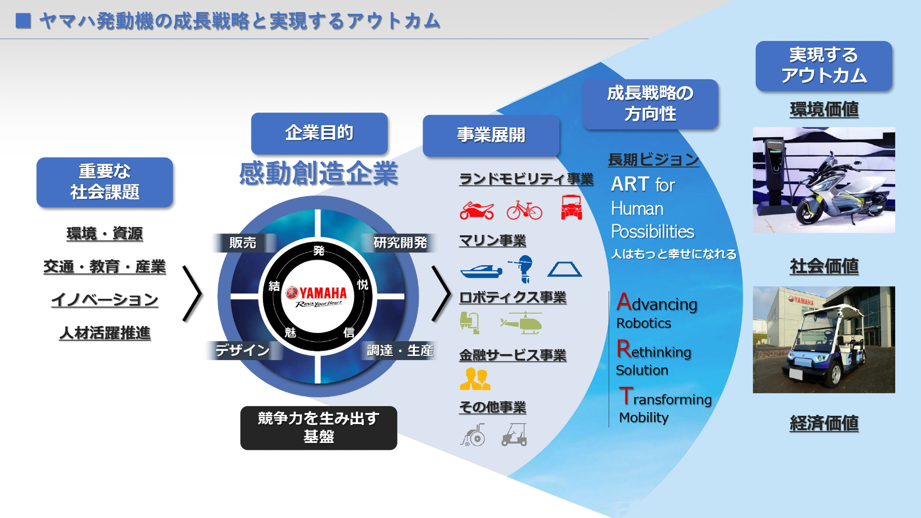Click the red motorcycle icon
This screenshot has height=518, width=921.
point(476,211)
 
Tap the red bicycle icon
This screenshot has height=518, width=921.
point(524,210)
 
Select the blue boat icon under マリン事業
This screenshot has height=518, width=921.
point(481,271)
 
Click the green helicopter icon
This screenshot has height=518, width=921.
point(521,323)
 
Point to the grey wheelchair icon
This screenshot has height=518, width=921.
point(473,435)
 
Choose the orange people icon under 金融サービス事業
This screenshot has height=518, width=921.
point(475,379)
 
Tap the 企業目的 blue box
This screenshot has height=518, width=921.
point(319,133)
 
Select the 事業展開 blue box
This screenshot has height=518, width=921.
point(491,135)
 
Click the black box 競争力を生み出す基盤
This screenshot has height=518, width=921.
point(319,428)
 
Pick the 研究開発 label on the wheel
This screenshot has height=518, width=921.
point(400,243)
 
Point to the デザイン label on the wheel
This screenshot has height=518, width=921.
point(242,350)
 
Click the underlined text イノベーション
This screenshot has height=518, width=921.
point(105,300)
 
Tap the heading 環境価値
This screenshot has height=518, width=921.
point(824,109)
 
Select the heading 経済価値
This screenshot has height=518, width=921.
point(824,423)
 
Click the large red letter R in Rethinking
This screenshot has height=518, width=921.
point(624,349)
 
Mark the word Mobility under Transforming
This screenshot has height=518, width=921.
point(643,418)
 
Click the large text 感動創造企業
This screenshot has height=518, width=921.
point(319,174)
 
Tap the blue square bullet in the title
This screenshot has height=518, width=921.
point(23,21)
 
